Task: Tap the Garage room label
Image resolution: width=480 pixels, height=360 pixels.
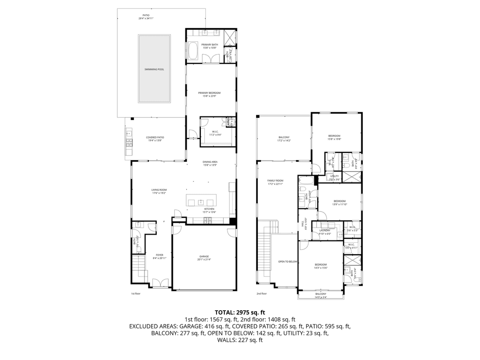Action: [x=204, y=257]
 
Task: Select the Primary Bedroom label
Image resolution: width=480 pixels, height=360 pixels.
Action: [x=209, y=93]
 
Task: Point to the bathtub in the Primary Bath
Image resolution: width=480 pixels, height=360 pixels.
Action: [x=193, y=51]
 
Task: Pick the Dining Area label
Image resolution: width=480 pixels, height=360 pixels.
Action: [x=209, y=162]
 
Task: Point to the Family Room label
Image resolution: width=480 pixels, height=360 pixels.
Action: [x=275, y=180]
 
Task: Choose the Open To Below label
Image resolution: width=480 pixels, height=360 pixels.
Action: [x=287, y=261]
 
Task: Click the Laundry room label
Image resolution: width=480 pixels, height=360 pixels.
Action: [x=324, y=230]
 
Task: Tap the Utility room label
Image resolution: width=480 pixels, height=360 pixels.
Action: [x=334, y=176]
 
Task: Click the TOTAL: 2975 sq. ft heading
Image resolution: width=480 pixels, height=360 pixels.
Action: [x=240, y=312]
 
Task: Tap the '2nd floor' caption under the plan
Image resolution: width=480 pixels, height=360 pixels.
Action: [x=261, y=293]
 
